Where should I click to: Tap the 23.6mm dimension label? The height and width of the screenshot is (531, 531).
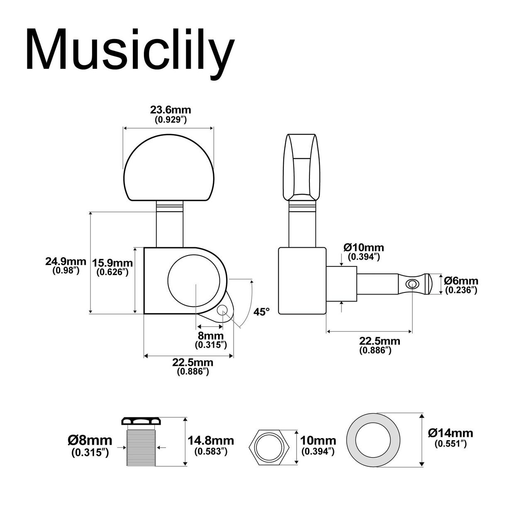coord(171,110)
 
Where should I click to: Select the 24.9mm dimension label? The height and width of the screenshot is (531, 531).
coord(66,261)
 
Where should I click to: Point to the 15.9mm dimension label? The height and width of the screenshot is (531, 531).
coord(112,263)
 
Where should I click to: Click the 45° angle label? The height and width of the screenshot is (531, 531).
coord(261,312)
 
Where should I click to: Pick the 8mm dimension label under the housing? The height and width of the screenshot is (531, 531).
coord(211,336)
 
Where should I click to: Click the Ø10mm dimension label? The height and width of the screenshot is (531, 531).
coord(364,247)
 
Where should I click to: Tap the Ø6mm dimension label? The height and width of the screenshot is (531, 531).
coord(461,281)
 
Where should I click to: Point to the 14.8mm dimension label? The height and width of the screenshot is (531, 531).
coord(211,441)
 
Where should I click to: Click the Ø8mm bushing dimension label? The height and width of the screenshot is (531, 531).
coord(90,441)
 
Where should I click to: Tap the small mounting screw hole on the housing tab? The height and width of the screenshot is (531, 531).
coord(222,311)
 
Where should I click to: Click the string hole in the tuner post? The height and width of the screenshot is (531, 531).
coord(412,284)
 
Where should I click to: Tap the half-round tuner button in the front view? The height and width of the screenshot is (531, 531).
coord(169,168)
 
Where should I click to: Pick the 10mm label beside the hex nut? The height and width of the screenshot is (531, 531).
coord(318,441)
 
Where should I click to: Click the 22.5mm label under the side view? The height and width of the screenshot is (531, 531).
coord(380,341)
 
